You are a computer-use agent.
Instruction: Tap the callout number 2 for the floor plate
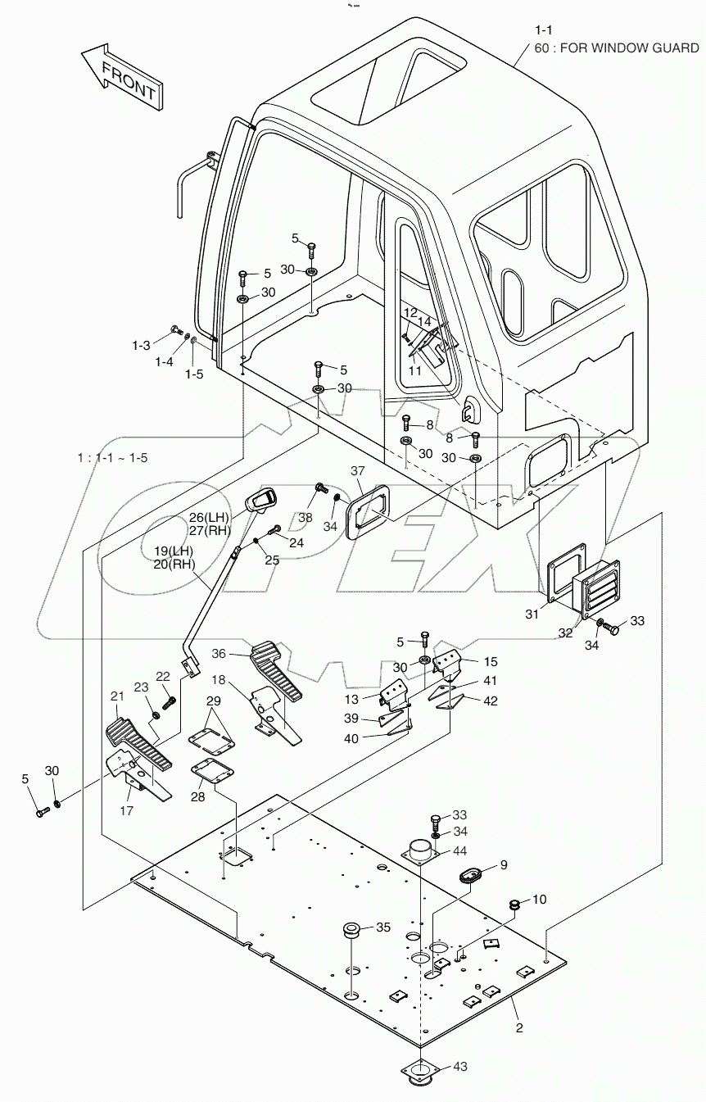click(519, 1027)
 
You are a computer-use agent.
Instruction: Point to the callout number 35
click(383, 927)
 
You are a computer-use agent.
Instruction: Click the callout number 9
click(504, 864)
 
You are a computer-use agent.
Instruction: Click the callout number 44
click(460, 851)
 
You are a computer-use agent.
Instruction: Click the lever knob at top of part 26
click(267, 499)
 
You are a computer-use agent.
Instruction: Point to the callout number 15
click(489, 660)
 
